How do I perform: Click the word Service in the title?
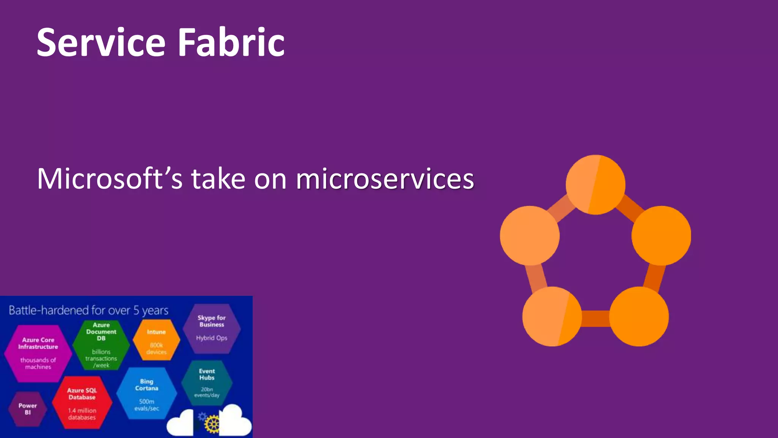tap(101, 43)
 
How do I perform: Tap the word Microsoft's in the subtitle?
tap(110, 179)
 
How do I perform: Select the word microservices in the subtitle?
tap(384, 179)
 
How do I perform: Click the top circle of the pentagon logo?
tap(595, 185)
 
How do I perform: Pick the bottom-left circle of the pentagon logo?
tap(552, 316)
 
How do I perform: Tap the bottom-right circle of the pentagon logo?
tap(639, 316)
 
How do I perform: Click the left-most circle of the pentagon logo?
tap(530, 236)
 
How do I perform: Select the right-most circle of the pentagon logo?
tap(661, 236)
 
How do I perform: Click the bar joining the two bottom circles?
tap(595, 319)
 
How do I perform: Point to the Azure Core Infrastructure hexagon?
tap(38, 353)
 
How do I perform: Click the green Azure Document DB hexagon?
tap(101, 344)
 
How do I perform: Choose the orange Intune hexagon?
tap(156, 340)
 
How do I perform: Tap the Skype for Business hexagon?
tap(212, 328)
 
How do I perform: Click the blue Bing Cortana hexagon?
tap(147, 394)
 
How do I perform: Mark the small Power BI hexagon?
tap(28, 409)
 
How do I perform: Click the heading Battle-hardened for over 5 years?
tap(88, 310)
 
